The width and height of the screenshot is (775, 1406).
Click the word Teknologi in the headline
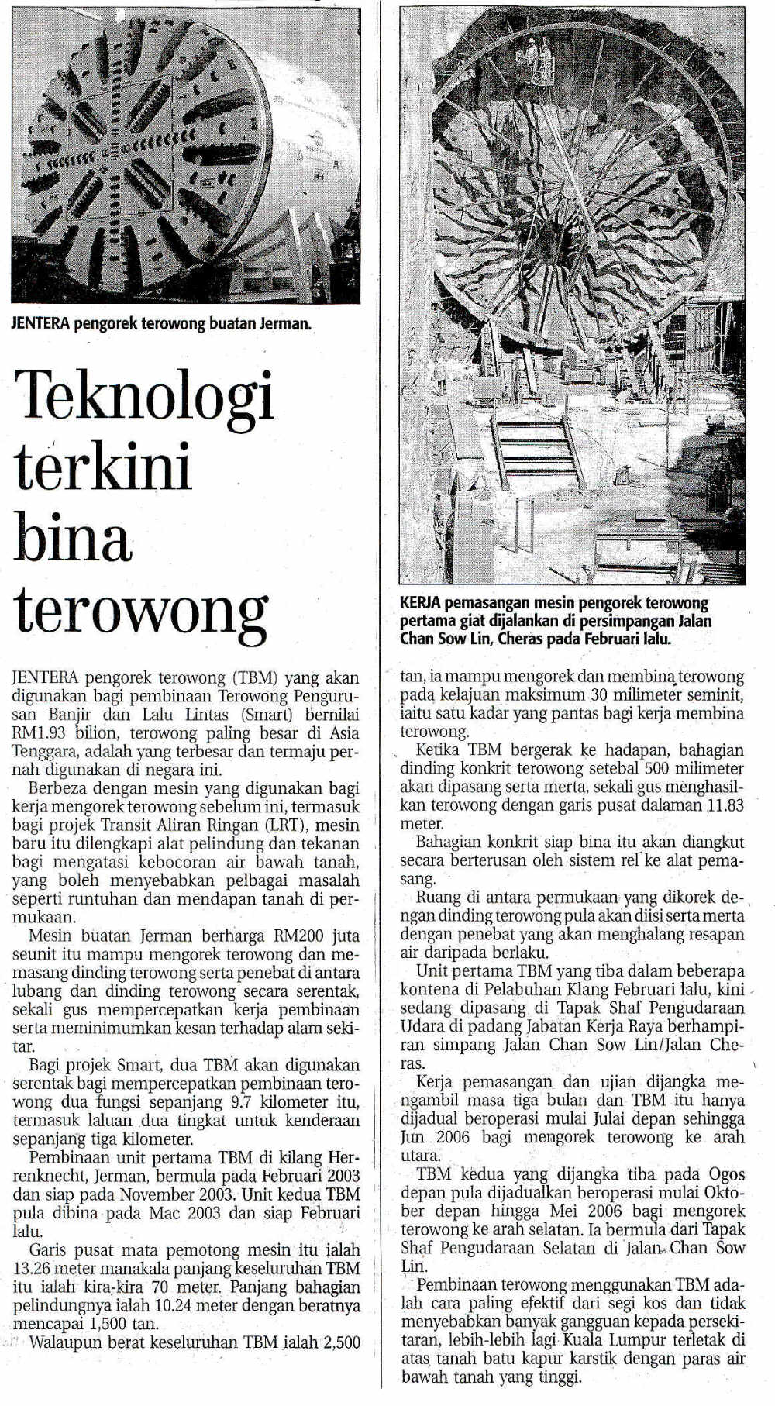(145, 396)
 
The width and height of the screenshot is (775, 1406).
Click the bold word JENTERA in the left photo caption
(40, 323)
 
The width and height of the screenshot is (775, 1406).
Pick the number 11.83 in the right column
(725, 805)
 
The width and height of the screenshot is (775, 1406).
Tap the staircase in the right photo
(534, 445)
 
